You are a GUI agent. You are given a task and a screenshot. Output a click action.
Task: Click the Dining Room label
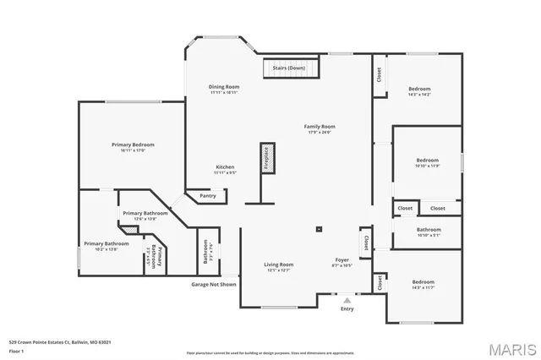coord(224,87)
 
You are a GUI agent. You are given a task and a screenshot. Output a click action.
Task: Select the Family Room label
coord(320,127)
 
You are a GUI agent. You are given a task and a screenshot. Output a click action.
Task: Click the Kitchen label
coord(224,167)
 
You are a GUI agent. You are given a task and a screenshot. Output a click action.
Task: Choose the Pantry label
coord(208,196)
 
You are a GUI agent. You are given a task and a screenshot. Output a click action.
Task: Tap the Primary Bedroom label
coord(133,145)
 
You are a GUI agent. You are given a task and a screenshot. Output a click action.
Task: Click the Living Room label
coord(280,265)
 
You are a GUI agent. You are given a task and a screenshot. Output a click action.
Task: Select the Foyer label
coord(342,260)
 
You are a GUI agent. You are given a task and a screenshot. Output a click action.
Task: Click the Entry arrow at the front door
coord(347,299)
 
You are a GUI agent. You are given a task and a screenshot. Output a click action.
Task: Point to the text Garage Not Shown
coord(213,284)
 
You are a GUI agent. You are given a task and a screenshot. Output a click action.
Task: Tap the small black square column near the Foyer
coord(319,228)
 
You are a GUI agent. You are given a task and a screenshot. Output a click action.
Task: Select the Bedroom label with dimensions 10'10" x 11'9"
coord(427,160)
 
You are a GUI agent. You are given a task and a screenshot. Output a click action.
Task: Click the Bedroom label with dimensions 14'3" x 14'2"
coord(419,90)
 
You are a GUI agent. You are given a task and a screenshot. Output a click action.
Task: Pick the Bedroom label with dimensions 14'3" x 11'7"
coord(423,282)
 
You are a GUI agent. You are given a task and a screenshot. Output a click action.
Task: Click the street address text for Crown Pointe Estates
coord(59,342)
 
